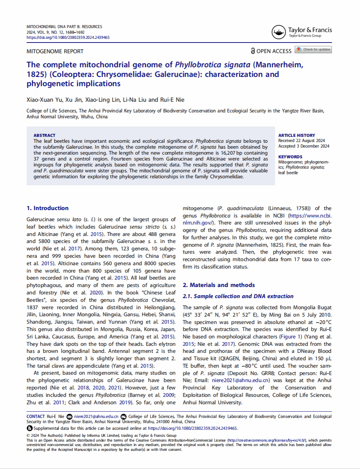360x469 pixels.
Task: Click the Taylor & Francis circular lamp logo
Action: click(278, 32)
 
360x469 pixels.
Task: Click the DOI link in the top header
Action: click(68, 37)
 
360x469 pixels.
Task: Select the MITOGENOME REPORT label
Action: click(55, 51)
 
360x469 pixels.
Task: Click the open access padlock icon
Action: click(253, 51)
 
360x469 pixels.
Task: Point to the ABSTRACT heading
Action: click(44, 135)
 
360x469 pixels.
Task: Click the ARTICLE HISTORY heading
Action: click(297, 135)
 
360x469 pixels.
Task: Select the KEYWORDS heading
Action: click(290, 157)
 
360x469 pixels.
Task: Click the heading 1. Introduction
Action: click(48, 208)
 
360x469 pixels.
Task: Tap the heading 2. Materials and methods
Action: click(219, 285)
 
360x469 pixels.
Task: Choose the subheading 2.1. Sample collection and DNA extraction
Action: click(238, 296)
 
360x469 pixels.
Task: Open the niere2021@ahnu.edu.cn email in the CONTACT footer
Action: click(96, 416)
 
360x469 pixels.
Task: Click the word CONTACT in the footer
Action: click(35, 416)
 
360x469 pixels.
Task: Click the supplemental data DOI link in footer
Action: click(192, 428)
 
